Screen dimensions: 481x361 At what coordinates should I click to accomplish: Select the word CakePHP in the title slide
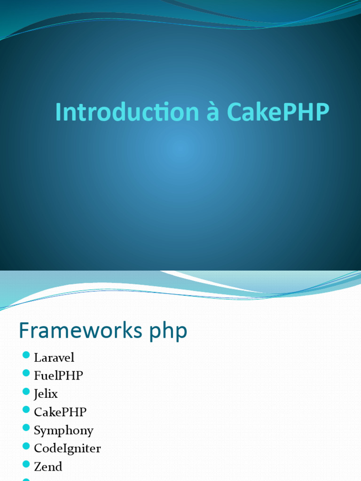(x=278, y=113)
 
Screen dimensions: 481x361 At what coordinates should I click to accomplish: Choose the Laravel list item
(x=54, y=357)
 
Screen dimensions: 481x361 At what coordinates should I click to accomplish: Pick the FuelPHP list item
(x=58, y=375)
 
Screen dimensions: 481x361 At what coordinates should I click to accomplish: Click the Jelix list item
(x=46, y=394)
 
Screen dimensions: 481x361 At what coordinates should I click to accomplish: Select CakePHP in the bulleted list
(x=60, y=412)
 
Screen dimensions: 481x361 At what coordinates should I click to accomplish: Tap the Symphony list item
(x=63, y=430)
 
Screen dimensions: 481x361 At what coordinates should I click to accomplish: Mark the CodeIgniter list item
(x=67, y=448)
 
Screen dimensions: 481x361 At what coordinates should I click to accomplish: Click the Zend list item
(x=48, y=466)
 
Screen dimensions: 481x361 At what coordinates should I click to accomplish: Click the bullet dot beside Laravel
(x=26, y=356)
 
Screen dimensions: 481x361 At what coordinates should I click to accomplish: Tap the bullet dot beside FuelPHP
(x=26, y=373)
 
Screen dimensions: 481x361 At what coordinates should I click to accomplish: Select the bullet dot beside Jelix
(x=26, y=392)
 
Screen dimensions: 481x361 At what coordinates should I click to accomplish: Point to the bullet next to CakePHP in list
(x=26, y=410)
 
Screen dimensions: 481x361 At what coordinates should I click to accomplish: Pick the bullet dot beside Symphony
(x=26, y=428)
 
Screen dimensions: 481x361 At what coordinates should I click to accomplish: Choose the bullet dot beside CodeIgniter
(x=26, y=446)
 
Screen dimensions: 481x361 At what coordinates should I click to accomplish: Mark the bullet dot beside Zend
(x=26, y=465)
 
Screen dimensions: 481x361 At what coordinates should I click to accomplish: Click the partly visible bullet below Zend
(x=26, y=479)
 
